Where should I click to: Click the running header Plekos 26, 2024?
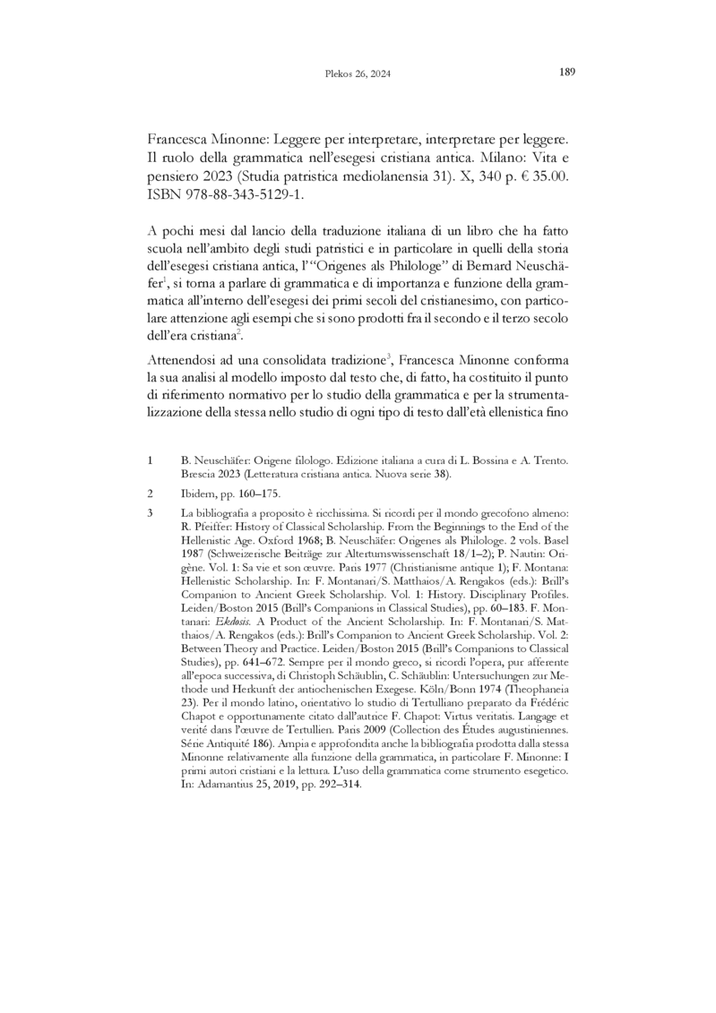(358, 73)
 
